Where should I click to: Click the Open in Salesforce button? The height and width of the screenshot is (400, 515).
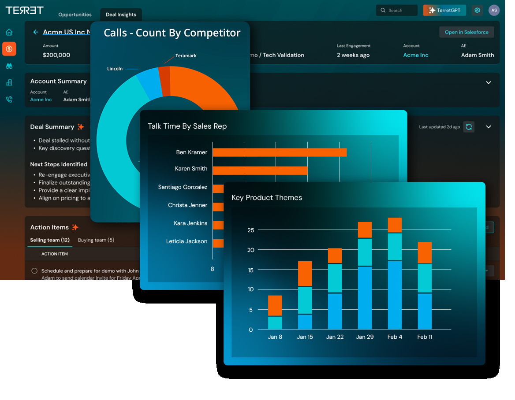(466, 32)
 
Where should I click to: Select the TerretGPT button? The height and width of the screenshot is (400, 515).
(444, 10)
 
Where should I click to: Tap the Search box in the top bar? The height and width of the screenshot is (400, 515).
(396, 10)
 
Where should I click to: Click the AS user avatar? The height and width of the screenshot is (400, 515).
(494, 10)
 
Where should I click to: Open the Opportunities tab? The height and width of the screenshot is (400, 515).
(75, 15)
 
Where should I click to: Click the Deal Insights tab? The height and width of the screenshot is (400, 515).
(121, 15)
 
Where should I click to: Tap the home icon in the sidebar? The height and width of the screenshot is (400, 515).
(9, 32)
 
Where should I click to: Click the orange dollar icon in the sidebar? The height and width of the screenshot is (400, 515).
(9, 49)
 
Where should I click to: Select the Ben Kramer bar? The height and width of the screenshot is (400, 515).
(280, 152)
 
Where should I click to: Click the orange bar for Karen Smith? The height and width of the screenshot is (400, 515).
(260, 170)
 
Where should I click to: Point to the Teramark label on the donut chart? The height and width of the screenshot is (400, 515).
(186, 56)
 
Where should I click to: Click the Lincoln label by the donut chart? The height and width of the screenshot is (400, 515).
(115, 69)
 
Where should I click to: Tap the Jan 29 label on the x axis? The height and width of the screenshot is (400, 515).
(365, 337)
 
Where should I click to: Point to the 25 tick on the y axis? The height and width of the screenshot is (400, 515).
(251, 230)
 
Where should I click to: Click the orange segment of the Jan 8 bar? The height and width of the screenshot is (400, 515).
(275, 305)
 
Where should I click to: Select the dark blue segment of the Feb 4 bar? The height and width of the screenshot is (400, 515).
(395, 295)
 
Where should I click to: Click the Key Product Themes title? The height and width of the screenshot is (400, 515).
(267, 198)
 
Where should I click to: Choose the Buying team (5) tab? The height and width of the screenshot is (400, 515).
(96, 240)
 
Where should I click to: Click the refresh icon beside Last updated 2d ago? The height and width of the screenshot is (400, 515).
(469, 127)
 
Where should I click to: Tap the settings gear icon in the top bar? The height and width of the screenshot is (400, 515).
(477, 10)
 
